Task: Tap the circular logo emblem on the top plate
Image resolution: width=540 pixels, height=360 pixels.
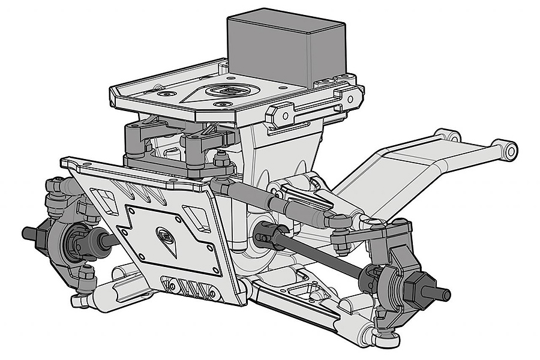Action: click(x=226, y=91)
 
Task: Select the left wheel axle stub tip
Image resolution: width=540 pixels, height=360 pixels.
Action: click(x=28, y=231)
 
